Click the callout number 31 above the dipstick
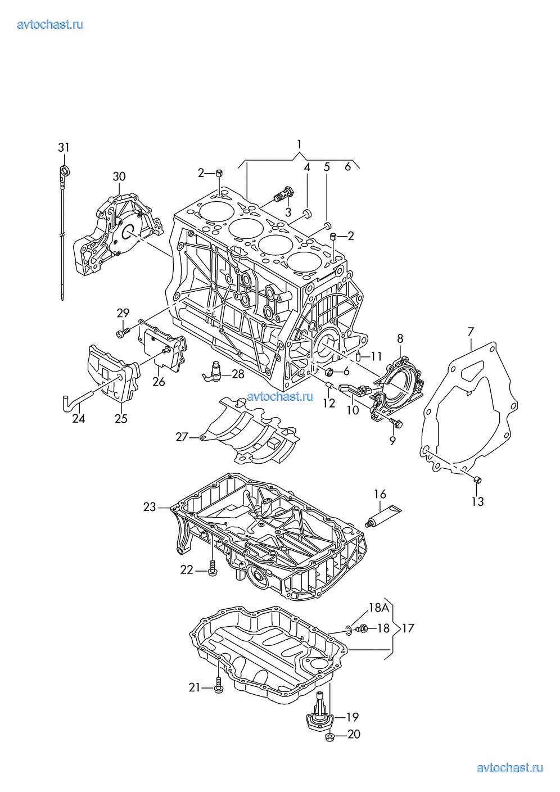tap(64, 147)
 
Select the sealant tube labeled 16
tap(383, 515)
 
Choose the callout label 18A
tap(379, 608)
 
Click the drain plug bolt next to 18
tap(362, 628)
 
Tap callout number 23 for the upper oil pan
tap(149, 507)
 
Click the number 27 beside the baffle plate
tap(182, 436)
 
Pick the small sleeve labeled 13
tap(477, 479)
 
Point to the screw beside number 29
tap(122, 333)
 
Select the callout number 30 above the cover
tap(119, 176)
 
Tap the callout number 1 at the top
tap(299, 143)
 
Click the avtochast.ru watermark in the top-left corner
tap(50, 24)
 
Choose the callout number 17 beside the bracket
tap(408, 628)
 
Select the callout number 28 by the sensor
tap(238, 374)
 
